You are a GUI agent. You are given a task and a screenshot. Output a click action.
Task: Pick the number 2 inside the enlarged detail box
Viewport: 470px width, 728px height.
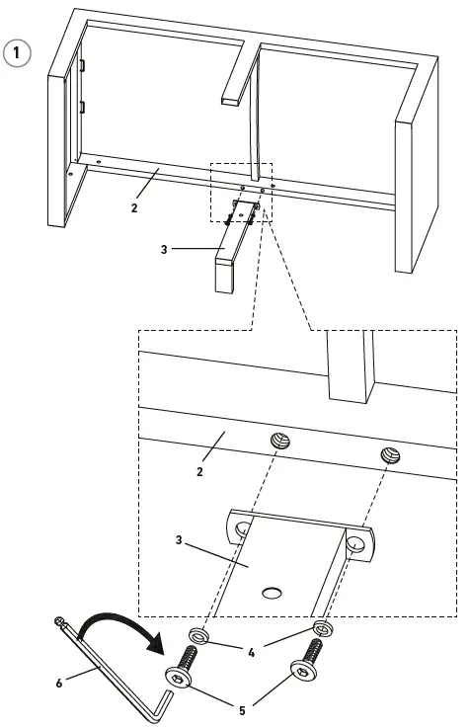coord(199,473)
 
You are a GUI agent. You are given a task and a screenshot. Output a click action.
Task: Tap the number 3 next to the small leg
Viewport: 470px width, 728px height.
coord(165,249)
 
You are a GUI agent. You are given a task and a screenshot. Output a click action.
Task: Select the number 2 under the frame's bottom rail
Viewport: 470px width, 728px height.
coord(133,207)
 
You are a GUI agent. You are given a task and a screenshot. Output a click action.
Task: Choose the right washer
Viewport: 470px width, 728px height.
coord(322,628)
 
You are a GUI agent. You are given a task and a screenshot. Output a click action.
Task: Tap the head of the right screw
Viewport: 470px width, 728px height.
coord(300,673)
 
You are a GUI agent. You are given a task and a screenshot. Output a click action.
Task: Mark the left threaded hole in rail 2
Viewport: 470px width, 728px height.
coord(279,440)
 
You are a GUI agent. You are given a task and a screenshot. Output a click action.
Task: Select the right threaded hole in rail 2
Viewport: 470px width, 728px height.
coord(390,456)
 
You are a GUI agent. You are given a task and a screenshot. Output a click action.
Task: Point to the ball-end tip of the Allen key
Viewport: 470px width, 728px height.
coord(60,622)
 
